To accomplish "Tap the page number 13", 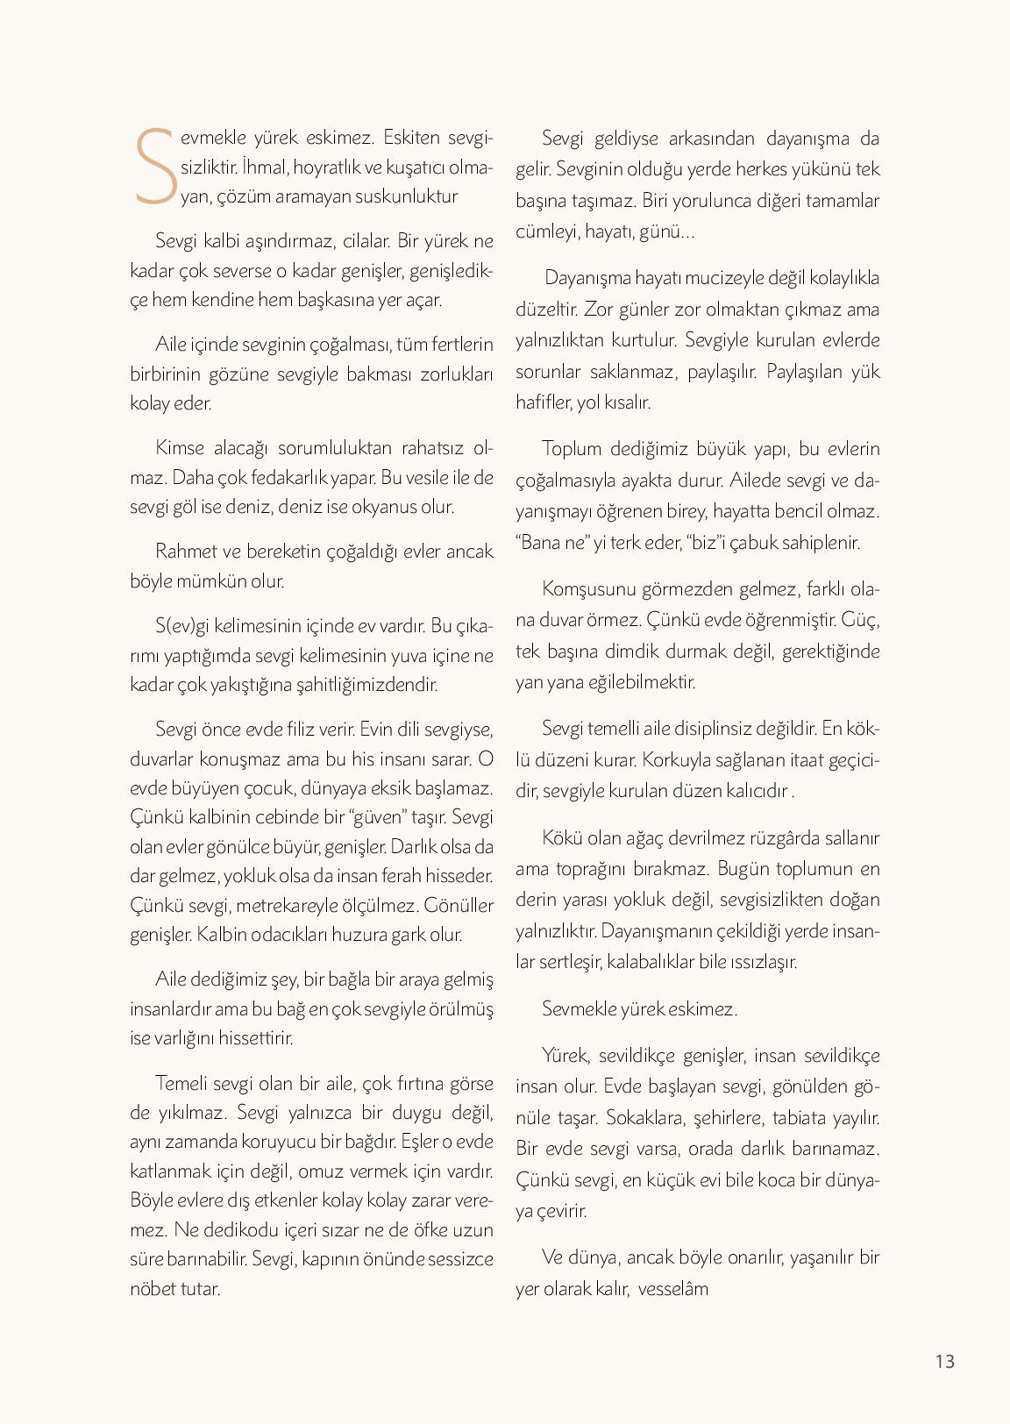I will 944,1361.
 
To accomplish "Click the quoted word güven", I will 377,816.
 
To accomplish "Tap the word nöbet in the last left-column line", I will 152,1288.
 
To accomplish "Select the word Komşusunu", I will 586,587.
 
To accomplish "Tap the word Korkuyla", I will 677,758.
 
